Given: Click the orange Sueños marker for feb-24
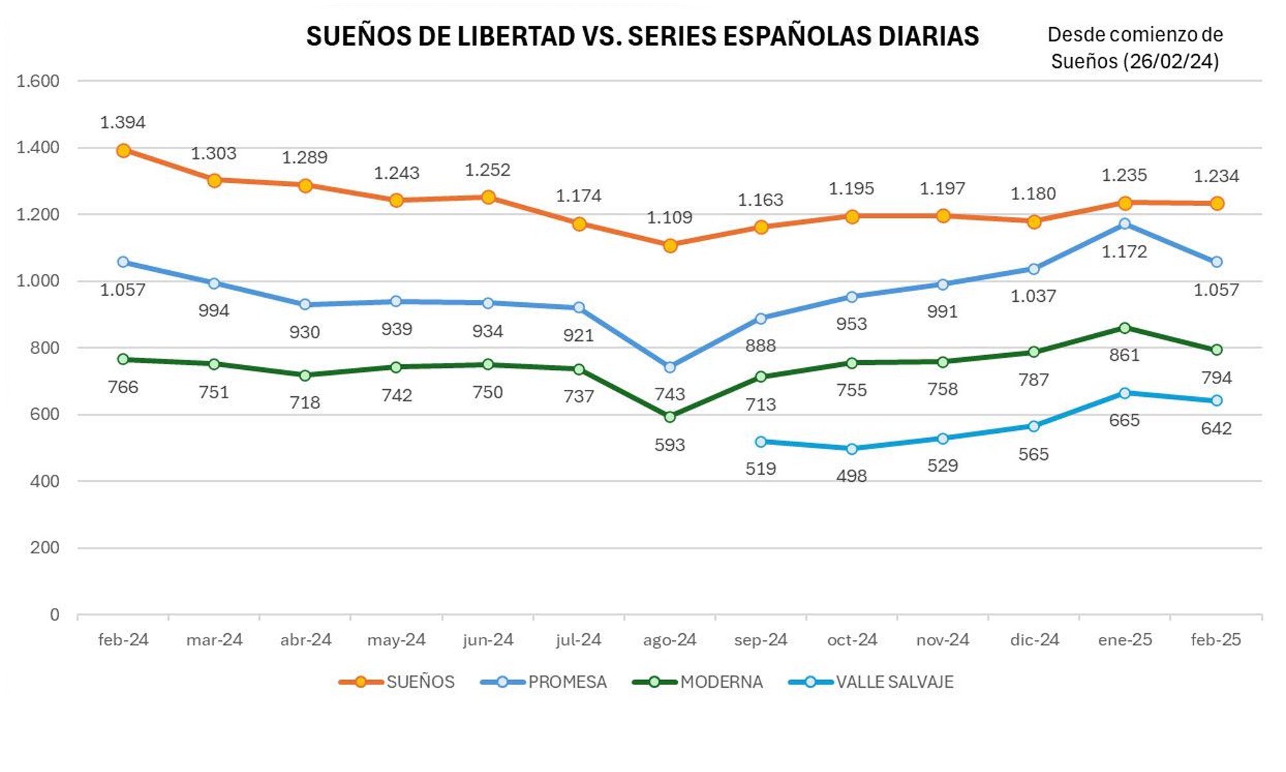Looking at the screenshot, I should [x=123, y=151].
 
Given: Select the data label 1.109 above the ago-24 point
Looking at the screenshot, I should [x=669, y=217].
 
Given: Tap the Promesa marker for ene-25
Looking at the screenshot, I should [x=1125, y=224].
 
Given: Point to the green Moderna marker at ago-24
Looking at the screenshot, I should [x=670, y=417].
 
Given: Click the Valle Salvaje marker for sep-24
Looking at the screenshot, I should [x=761, y=442].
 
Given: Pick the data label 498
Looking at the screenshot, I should [x=851, y=476].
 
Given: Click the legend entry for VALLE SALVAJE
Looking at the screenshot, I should [x=894, y=682].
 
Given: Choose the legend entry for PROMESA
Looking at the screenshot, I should [x=567, y=682].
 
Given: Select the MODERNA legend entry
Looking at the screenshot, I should [x=721, y=682].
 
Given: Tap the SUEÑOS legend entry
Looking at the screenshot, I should [x=420, y=682].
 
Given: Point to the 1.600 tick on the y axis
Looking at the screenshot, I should [x=37, y=81].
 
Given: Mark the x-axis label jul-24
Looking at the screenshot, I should [x=578, y=640].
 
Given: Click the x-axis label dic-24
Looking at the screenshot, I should [x=1034, y=640].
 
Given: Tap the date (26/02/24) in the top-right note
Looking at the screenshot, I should [x=1171, y=62].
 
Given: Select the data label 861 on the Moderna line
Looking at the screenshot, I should [x=1124, y=355].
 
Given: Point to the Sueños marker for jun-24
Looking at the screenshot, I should [x=488, y=198].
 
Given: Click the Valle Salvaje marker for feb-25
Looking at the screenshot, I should [x=1217, y=401].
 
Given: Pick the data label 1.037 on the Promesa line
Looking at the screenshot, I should [x=1033, y=296].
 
